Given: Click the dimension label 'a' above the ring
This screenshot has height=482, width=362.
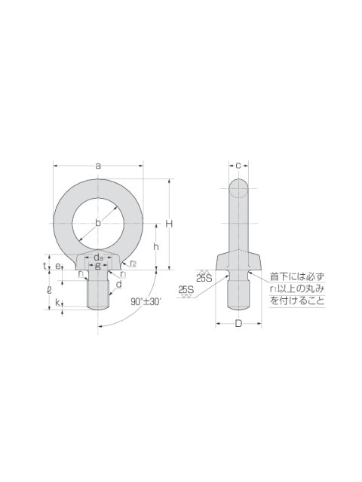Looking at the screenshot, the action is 98,166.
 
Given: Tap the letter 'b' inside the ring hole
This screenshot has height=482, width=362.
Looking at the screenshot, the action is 98,223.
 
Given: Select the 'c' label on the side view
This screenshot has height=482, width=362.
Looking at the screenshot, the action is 238,166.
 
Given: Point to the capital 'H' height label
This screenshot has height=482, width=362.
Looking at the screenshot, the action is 169,224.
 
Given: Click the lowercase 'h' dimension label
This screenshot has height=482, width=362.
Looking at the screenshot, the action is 156,246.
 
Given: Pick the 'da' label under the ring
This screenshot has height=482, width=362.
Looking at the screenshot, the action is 98,257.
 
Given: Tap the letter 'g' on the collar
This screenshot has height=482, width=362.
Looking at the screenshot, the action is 98,266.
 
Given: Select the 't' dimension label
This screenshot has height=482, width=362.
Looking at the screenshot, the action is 44,265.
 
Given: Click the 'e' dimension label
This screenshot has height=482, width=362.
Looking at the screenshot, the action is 58,266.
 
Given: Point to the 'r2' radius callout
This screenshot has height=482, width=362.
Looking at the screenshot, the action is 133,263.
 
